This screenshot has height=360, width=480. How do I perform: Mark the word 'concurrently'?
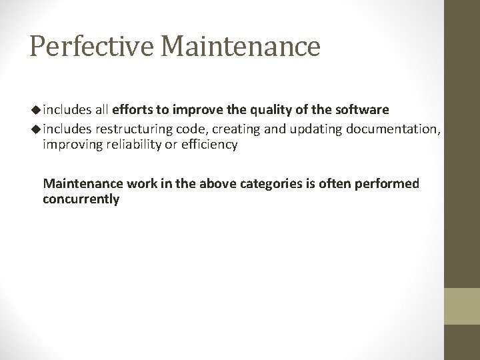[81, 199]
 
